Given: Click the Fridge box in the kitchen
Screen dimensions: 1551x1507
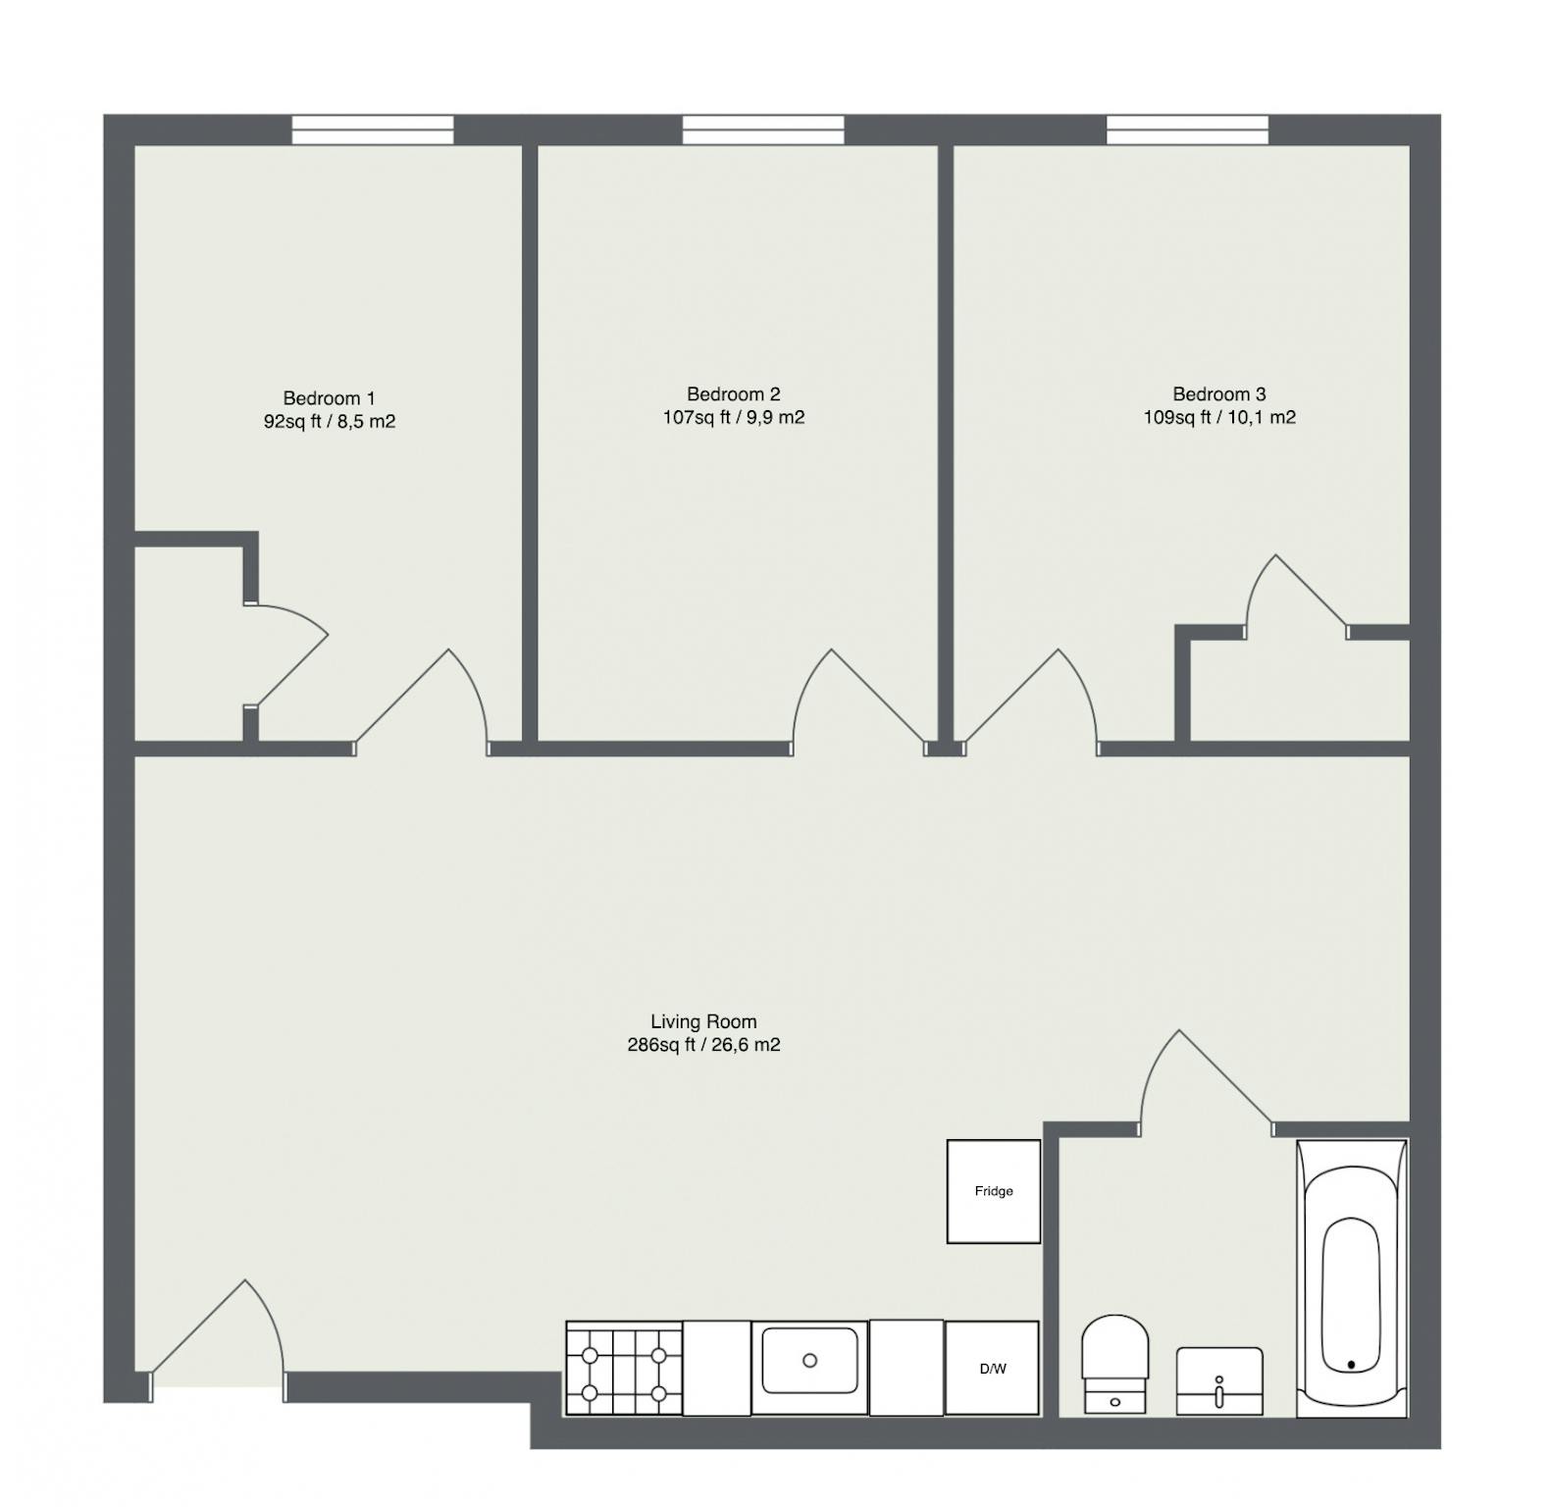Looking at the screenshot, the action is pos(993,1191).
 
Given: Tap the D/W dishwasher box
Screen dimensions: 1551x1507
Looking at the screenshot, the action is pos(992,1369).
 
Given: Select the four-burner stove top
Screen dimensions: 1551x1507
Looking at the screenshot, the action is pos(624,1369).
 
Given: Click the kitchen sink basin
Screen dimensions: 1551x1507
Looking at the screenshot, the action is pos(809,1360).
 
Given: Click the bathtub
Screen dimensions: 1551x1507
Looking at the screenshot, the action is pos(1352,1278).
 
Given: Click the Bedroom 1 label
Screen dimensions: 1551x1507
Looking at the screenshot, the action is pos(329,398).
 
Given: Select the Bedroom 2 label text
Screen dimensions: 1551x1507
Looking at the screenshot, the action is pos(734,394).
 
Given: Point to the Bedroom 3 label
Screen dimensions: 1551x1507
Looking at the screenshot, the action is pos(1219,394).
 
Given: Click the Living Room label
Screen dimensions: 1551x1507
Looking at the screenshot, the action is pos(703,1021).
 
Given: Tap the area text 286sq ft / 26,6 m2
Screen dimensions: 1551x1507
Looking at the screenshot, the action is pos(703,1045).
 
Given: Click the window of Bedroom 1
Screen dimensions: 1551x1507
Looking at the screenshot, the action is pos(373,130).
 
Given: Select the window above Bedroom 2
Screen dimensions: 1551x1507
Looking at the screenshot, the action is pos(763,130).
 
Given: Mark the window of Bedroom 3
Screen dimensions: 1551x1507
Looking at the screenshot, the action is pos(1188,130).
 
